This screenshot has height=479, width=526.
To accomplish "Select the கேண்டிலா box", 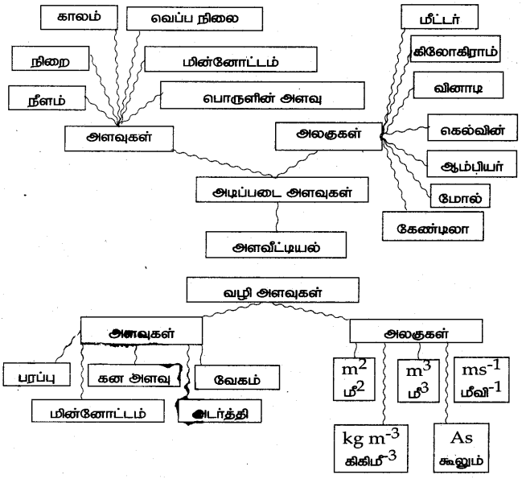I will [430, 227].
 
